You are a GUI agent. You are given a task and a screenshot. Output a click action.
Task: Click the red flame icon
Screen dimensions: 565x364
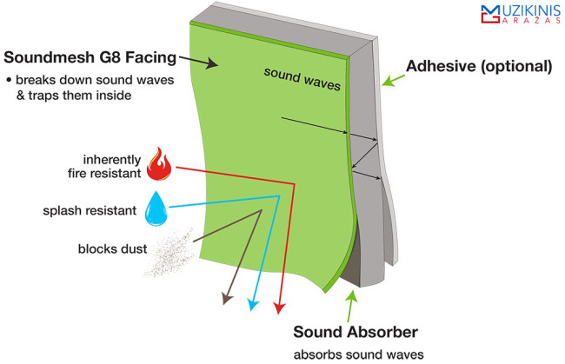[159, 164]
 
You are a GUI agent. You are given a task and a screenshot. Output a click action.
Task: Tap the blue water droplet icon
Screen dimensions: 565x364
[156, 208]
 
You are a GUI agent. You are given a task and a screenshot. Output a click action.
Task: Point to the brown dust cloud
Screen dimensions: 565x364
[169, 253]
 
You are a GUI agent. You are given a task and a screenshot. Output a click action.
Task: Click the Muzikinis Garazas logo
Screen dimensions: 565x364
[521, 15]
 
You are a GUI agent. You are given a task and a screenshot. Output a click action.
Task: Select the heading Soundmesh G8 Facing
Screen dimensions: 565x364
[90, 57]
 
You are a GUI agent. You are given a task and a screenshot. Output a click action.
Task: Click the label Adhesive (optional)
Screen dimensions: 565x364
[479, 66]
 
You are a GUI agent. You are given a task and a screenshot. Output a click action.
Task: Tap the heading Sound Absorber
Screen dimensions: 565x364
[356, 332]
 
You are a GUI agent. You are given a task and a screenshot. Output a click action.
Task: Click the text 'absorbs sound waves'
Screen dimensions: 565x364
[358, 355]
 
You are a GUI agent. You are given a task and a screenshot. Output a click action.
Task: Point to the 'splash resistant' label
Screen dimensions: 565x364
[90, 210]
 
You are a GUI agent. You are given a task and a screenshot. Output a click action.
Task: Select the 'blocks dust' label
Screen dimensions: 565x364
[112, 248]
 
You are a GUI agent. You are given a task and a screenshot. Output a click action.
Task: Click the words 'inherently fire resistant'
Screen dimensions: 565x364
[104, 166]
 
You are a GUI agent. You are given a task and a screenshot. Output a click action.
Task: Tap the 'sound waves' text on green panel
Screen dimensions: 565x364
[302, 79]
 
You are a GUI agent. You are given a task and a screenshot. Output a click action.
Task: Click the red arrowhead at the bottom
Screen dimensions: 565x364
[279, 308]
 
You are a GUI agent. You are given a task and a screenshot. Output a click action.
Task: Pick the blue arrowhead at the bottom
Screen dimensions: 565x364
[254, 305]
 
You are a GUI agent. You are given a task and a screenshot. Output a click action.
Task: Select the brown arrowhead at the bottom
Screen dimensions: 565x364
[226, 299]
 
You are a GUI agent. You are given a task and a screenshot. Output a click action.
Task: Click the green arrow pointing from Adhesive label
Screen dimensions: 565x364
[394, 80]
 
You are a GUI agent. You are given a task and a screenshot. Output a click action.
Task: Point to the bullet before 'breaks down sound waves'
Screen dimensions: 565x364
[9, 81]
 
